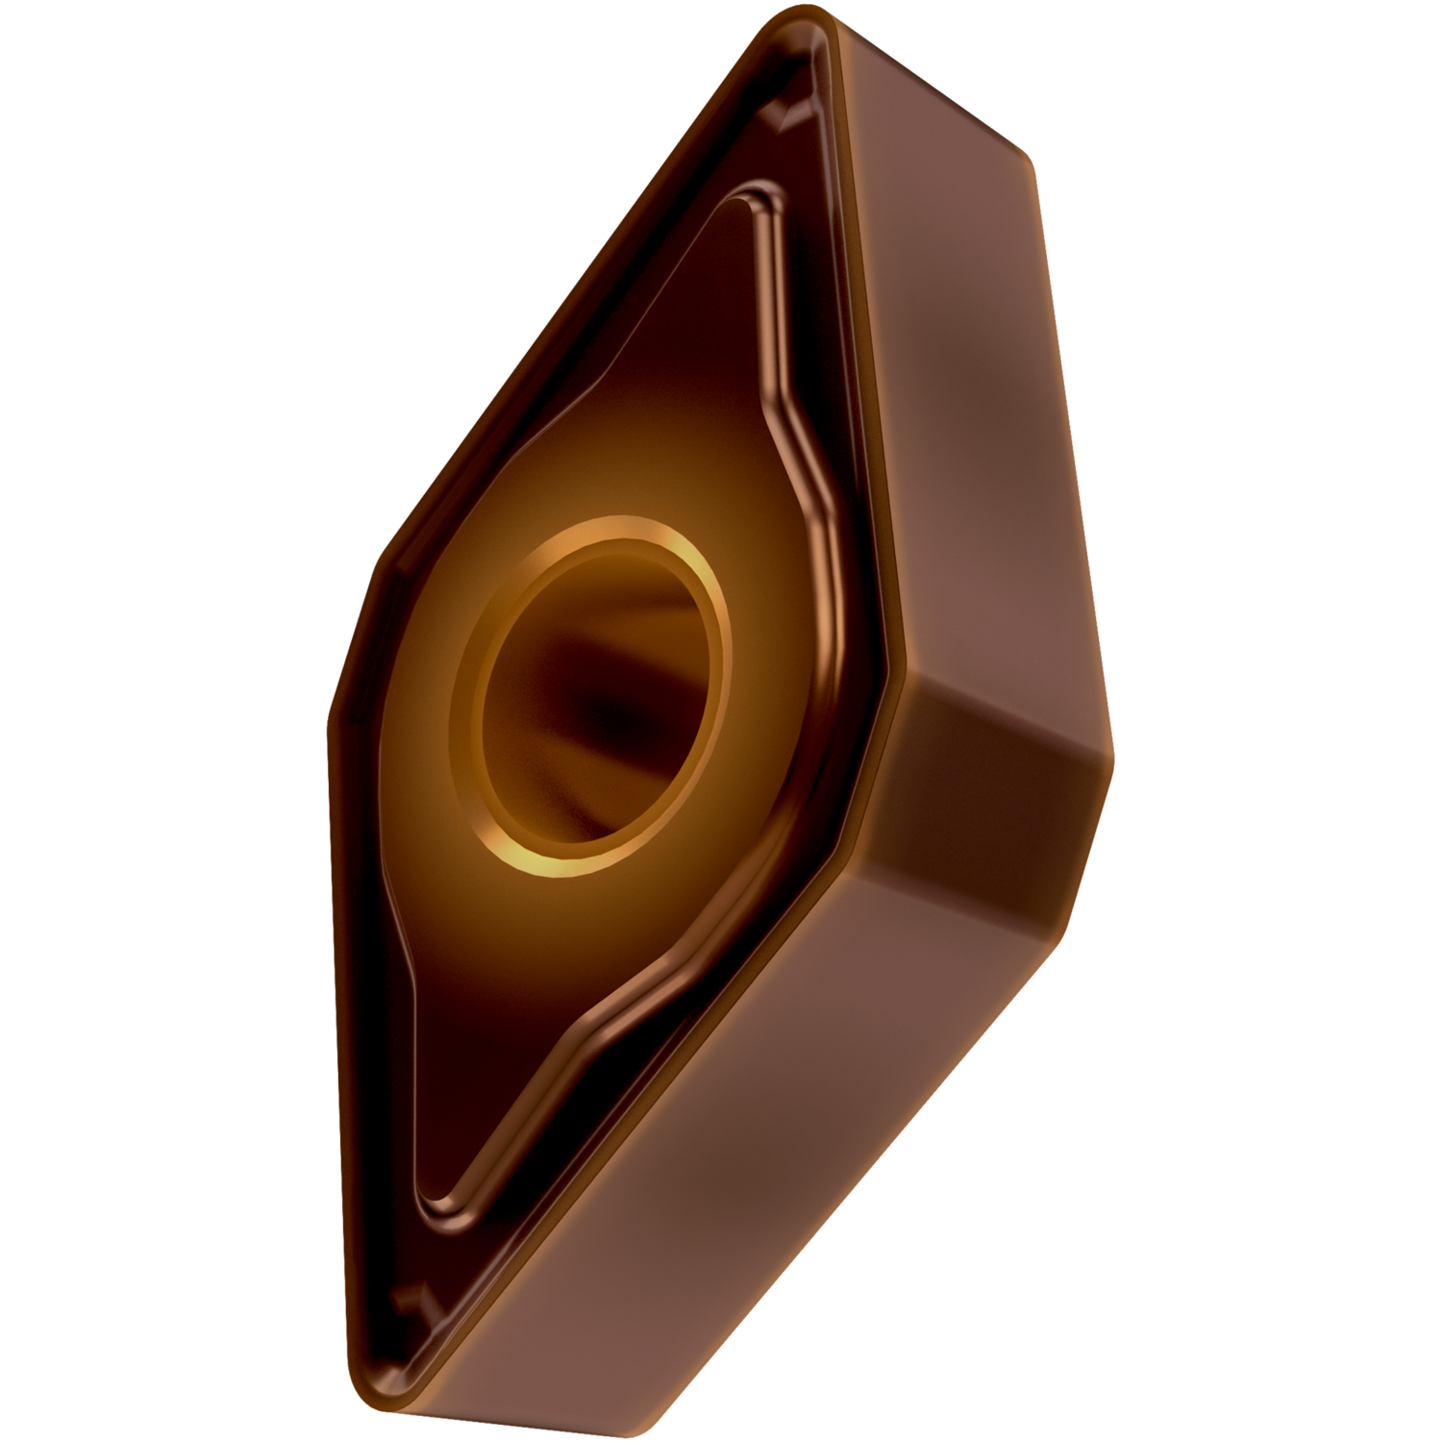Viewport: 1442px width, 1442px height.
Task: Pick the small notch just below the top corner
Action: coord(783,120)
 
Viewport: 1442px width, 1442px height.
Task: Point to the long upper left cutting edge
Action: coord(567,288)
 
